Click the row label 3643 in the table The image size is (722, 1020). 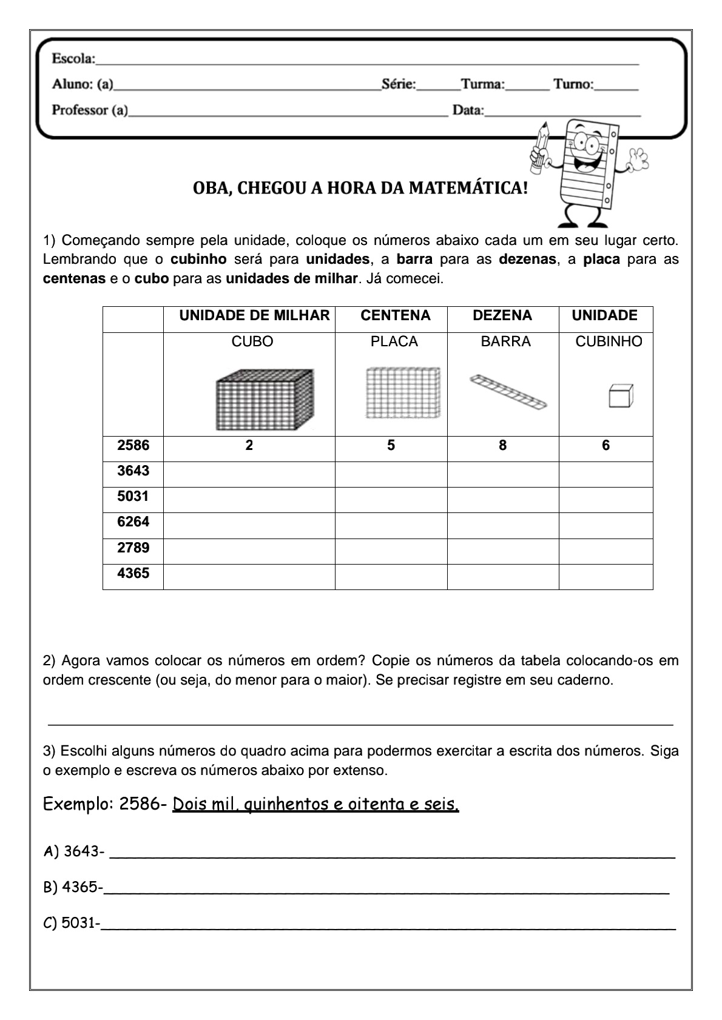pos(133,471)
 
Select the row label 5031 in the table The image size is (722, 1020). pos(133,497)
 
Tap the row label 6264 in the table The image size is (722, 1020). pos(133,522)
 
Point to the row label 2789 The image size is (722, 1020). pos(133,548)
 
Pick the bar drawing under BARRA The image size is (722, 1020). pos(508,391)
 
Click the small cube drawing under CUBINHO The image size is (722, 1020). pos(621,395)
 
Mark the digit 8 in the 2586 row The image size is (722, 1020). pos(502,446)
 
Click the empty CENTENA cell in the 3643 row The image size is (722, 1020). pos(391,474)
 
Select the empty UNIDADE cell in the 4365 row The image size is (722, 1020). pos(606,576)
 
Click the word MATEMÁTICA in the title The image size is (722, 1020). pos(465,188)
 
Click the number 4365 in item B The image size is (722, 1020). pos(80,887)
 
